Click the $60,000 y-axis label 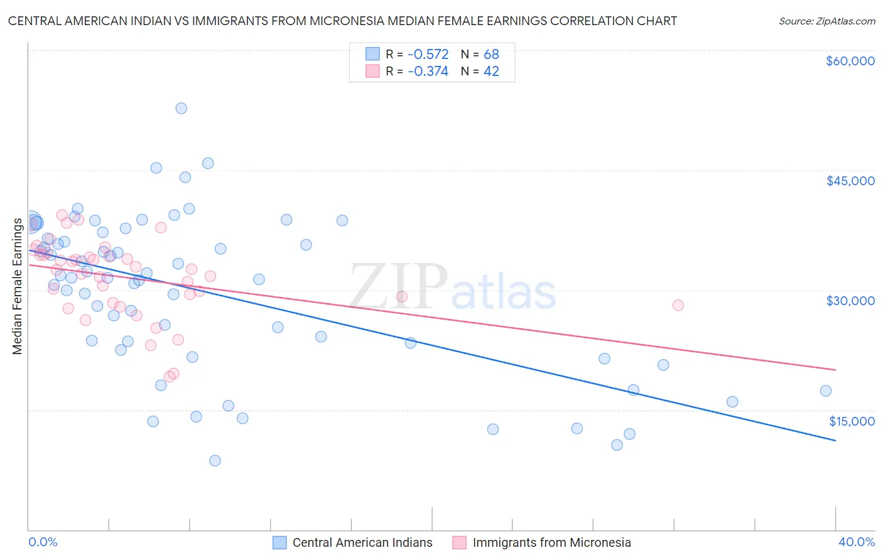pyautogui.click(x=850, y=61)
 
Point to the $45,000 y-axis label pyautogui.click(x=850, y=181)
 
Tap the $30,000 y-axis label pyautogui.click(x=850, y=301)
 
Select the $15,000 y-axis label pyautogui.click(x=852, y=421)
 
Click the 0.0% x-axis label pyautogui.click(x=43, y=542)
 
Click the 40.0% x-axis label pyautogui.click(x=856, y=542)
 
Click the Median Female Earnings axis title pyautogui.click(x=18, y=286)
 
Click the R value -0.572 pyautogui.click(x=428, y=54)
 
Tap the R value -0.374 pyautogui.click(x=428, y=72)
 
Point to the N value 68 pyautogui.click(x=491, y=54)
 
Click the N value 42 pyautogui.click(x=491, y=72)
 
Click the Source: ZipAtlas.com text pyautogui.click(x=826, y=21)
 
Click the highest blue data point pyautogui.click(x=181, y=108)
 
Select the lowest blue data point pyautogui.click(x=215, y=461)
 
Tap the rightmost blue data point pyautogui.click(x=826, y=391)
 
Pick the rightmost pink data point pyautogui.click(x=678, y=305)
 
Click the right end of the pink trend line pyautogui.click(x=835, y=370)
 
